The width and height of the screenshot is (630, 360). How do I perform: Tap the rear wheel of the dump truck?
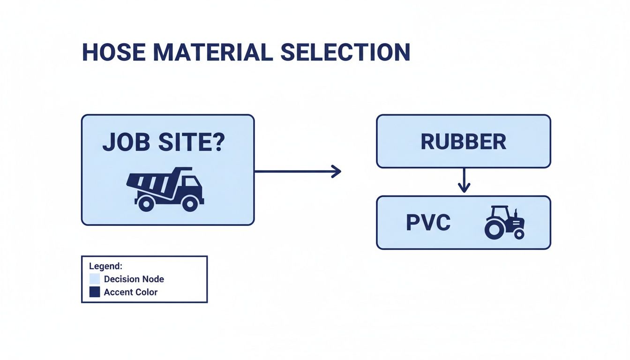pos(146,203)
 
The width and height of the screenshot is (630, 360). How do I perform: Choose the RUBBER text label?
pos(463,142)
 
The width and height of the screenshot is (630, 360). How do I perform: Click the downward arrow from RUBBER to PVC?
pos(464,181)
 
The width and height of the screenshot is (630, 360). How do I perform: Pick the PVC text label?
pos(428,223)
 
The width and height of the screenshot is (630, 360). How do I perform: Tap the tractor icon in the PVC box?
pos(504,223)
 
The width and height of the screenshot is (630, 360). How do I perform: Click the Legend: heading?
pos(105,266)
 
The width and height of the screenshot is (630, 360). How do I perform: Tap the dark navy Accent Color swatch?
pos(95,292)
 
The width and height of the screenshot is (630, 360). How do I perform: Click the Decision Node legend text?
pos(134,279)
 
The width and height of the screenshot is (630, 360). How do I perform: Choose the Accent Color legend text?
pos(131,292)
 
